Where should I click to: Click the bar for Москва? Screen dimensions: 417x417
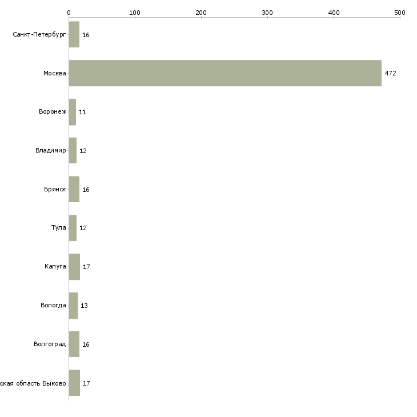225,73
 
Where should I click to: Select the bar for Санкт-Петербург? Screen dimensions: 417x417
74,35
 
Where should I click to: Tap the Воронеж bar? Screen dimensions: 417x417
73,112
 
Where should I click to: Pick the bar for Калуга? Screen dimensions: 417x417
74,267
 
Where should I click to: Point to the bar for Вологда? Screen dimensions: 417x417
73,306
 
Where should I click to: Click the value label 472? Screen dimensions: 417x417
390,74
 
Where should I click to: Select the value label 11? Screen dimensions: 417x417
82,113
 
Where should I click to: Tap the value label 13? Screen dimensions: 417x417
84,306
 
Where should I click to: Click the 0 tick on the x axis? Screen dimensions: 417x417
69,13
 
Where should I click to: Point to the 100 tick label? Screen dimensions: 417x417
135,13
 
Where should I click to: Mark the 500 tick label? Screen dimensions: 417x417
399,13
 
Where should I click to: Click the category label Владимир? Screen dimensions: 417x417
50,151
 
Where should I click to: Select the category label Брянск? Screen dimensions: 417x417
55,190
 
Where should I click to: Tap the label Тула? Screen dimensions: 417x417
59,228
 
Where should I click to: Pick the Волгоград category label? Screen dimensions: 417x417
50,344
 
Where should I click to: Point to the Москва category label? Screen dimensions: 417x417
55,74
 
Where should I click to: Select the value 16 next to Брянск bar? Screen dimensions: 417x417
86,190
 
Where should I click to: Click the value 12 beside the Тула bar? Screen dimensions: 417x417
83,228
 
